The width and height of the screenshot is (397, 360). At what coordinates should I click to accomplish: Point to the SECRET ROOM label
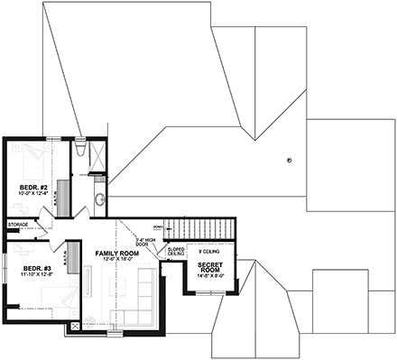pyautogui.click(x=211, y=267)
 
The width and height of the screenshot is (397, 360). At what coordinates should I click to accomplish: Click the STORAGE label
pyautogui.click(x=18, y=224)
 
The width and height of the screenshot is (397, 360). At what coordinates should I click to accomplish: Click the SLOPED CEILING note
pyautogui.click(x=176, y=252)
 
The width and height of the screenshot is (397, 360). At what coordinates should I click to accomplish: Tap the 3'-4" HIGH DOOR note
pyautogui.click(x=145, y=241)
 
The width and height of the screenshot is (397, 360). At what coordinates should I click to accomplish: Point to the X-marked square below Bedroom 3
pyautogui.click(x=74, y=326)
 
